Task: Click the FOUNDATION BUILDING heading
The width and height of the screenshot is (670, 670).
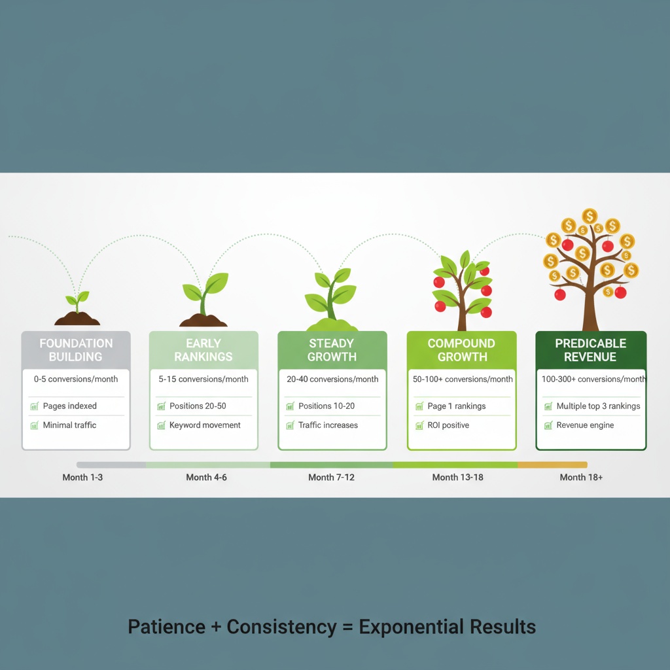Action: (x=76, y=350)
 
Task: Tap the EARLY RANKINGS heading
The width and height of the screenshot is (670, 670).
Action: (x=203, y=350)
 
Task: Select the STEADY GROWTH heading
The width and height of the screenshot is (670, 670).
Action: (x=332, y=350)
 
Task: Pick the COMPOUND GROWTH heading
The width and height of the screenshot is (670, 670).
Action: (x=462, y=350)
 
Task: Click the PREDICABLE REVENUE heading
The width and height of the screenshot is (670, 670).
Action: (x=590, y=350)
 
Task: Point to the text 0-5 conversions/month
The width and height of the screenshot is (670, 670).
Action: (x=76, y=379)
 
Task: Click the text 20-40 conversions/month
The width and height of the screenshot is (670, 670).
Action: (x=332, y=379)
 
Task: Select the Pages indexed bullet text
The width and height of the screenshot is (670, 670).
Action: (x=69, y=406)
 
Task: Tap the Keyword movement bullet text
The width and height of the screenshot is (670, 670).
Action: (x=205, y=425)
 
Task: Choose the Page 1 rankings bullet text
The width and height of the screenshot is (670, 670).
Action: (x=456, y=406)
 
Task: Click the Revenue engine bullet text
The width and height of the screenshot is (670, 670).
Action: (x=585, y=425)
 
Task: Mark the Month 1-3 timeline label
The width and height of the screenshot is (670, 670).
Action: (x=82, y=478)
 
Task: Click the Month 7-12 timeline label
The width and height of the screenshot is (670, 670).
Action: (x=331, y=478)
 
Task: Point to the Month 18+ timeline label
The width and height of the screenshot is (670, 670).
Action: (x=581, y=478)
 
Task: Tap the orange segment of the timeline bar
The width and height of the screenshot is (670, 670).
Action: (x=552, y=465)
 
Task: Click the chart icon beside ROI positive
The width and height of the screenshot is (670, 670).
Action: (x=419, y=426)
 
